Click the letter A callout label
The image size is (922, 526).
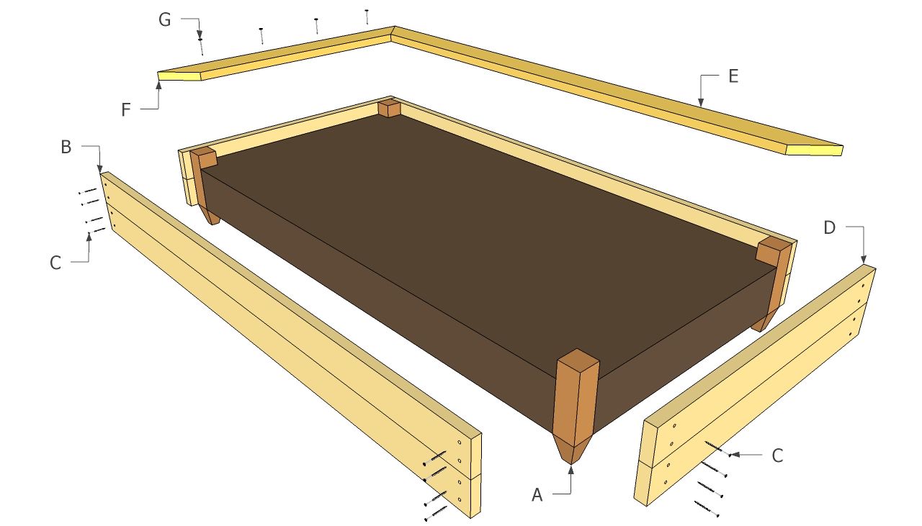pos(537,495)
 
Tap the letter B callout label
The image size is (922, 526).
pos(66,148)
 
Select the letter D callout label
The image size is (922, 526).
pos(829,228)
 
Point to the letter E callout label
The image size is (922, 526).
pos(733,76)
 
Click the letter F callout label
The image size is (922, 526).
pos(126,110)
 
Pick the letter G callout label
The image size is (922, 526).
pos(165,19)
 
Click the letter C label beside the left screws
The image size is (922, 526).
pos(55,263)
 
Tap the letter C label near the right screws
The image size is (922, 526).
pos(777,455)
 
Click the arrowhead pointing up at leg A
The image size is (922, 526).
pos(571,470)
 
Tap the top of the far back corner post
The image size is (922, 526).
pos(390,104)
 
